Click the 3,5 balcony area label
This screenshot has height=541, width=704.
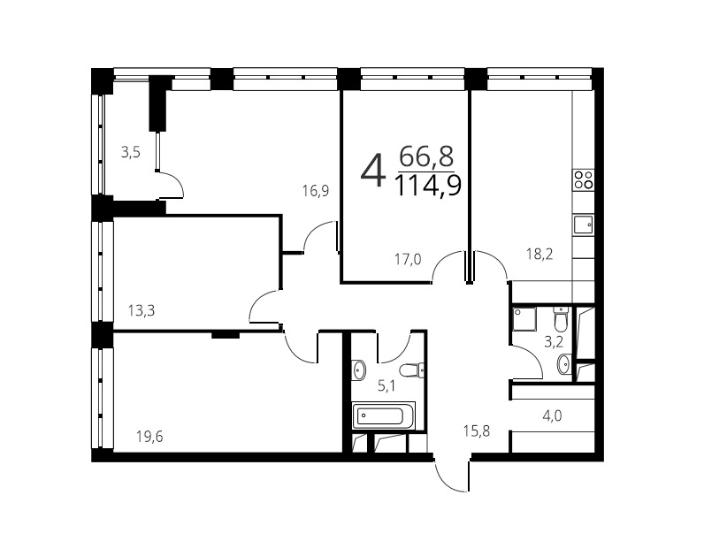(x=131, y=153)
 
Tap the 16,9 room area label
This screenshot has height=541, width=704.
(x=315, y=191)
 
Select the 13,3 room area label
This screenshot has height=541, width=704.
(x=141, y=310)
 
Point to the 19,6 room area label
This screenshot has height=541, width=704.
(x=149, y=436)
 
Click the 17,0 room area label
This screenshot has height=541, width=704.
(x=408, y=259)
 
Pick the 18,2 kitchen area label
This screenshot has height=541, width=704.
(x=539, y=255)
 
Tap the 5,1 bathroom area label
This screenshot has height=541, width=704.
(x=386, y=385)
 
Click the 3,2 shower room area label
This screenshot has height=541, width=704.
(x=554, y=343)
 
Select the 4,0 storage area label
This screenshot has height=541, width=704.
(x=552, y=415)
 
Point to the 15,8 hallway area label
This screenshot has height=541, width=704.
(x=477, y=431)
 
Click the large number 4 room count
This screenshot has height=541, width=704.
(x=373, y=170)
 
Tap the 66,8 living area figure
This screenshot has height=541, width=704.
(x=426, y=156)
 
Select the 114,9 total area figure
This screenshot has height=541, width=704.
(x=428, y=186)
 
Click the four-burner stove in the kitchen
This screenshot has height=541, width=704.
(x=584, y=179)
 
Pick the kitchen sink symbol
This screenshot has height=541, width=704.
(x=583, y=224)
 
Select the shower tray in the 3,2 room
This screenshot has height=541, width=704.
(x=524, y=318)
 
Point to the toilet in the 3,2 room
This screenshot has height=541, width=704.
(x=561, y=318)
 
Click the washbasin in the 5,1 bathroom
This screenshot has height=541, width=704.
(x=359, y=370)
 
